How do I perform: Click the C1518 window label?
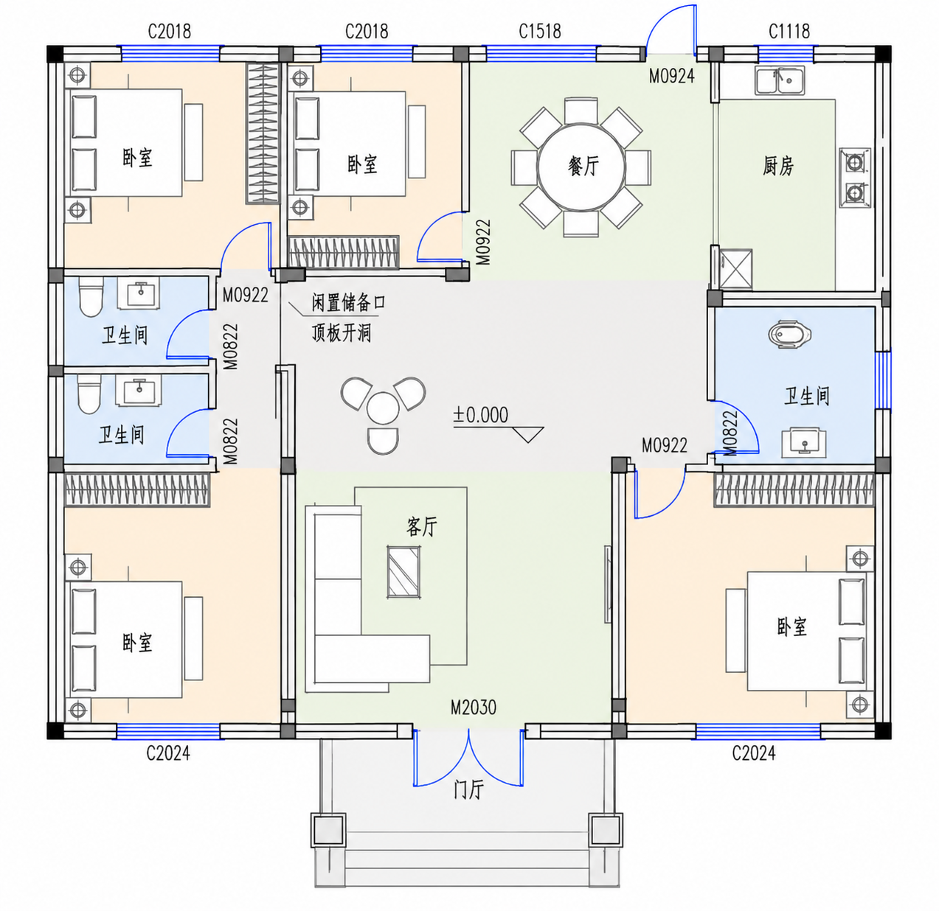539,32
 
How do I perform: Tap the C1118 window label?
789,32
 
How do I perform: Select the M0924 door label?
671,76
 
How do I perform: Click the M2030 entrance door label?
473,708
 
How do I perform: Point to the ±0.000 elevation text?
480,415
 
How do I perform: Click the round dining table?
581,167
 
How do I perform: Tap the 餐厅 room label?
583,167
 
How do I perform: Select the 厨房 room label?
778,166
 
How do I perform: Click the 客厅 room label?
421,527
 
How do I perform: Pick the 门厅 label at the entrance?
468,789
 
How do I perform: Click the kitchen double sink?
780,80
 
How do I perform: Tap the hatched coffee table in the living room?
403,572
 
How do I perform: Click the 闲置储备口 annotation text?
348,303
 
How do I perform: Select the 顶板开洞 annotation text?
341,332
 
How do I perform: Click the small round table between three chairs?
383,408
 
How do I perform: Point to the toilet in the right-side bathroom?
789,334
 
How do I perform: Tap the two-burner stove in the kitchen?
855,178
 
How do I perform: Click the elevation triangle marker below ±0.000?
528,435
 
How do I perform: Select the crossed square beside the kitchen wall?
735,269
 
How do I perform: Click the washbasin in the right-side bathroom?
803,441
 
